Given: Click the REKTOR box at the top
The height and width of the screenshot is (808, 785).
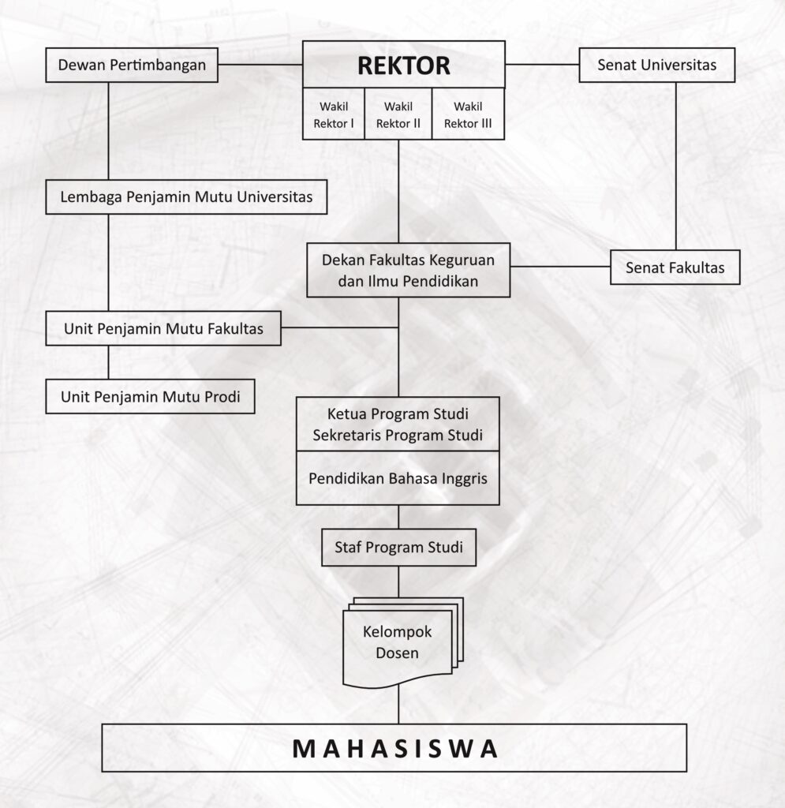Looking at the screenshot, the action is coord(403,65).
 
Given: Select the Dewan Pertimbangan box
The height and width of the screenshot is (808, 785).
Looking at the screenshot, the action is coord(132,65).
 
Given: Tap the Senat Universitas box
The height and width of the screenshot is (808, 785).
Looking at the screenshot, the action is coord(656,65).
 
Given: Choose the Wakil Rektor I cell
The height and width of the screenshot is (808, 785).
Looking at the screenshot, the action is coord(333,114).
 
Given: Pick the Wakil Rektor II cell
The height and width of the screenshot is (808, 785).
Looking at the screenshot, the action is coord(398,114).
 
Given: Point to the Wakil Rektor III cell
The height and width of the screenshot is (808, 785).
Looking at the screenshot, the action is coord(468,114).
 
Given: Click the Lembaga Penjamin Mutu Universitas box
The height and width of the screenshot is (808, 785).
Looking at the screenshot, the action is coord(186,196).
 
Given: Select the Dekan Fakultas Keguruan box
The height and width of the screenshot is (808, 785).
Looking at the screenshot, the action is coord(409,270).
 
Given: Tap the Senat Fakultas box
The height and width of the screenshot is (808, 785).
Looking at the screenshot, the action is coord(675,267).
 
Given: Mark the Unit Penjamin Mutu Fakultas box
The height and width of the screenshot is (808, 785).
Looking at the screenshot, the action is coord(163,328).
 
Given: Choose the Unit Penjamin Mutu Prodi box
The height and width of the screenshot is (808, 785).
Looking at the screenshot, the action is coord(151,396).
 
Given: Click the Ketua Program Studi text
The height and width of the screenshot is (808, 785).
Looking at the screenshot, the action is coord(398,413).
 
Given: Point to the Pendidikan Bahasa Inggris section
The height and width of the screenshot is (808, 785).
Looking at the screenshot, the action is coord(398,478).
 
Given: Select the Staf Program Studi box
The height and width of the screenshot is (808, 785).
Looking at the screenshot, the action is coord(398,548).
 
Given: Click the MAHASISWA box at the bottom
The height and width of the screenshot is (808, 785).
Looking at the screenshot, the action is coord(394,748).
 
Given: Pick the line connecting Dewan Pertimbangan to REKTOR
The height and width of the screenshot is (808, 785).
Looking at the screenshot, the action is coord(260,65).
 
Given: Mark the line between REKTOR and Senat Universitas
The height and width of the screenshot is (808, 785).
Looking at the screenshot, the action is coord(542,65).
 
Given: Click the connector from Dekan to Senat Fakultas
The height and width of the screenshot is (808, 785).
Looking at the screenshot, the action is coord(560,267).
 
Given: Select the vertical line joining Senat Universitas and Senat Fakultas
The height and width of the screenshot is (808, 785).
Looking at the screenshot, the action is coord(676,166).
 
